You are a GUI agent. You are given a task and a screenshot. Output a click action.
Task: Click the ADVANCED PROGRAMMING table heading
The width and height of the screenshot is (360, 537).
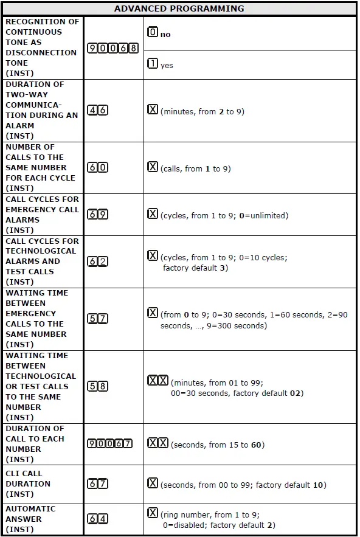[x=179, y=9]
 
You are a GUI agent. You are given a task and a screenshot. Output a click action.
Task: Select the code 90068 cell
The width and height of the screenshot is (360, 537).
[x=112, y=48]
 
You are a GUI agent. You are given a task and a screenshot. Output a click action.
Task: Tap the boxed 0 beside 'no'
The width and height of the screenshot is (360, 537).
[x=153, y=33]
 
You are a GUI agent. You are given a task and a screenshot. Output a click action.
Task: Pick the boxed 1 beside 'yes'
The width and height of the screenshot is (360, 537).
[x=153, y=64]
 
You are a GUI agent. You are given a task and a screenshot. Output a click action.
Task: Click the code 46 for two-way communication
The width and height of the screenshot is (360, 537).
[x=98, y=111]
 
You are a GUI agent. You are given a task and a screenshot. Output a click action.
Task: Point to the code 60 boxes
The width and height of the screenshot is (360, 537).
[x=98, y=168]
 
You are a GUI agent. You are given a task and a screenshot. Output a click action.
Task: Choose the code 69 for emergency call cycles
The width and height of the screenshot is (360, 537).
[x=98, y=215]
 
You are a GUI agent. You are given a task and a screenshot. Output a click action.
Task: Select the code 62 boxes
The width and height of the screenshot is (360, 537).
[x=98, y=262]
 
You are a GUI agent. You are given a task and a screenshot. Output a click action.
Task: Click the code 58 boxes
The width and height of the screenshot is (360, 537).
[x=98, y=387]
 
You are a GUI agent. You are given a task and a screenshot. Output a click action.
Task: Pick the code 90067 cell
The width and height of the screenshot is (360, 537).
[x=112, y=444]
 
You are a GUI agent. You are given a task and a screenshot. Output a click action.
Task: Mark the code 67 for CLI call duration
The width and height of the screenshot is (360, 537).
[x=98, y=484]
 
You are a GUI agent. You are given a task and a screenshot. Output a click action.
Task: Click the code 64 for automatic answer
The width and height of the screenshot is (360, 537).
[x=98, y=519]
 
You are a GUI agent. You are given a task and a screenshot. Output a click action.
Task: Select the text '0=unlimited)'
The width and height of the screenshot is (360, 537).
[x=264, y=216]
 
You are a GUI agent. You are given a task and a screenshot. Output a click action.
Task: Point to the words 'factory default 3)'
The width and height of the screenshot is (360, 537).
[x=196, y=268]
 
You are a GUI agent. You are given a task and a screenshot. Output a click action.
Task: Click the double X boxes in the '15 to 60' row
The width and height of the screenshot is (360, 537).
[x=158, y=443]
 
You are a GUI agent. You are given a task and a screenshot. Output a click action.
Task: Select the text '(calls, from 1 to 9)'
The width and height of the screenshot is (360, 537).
[x=196, y=169]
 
